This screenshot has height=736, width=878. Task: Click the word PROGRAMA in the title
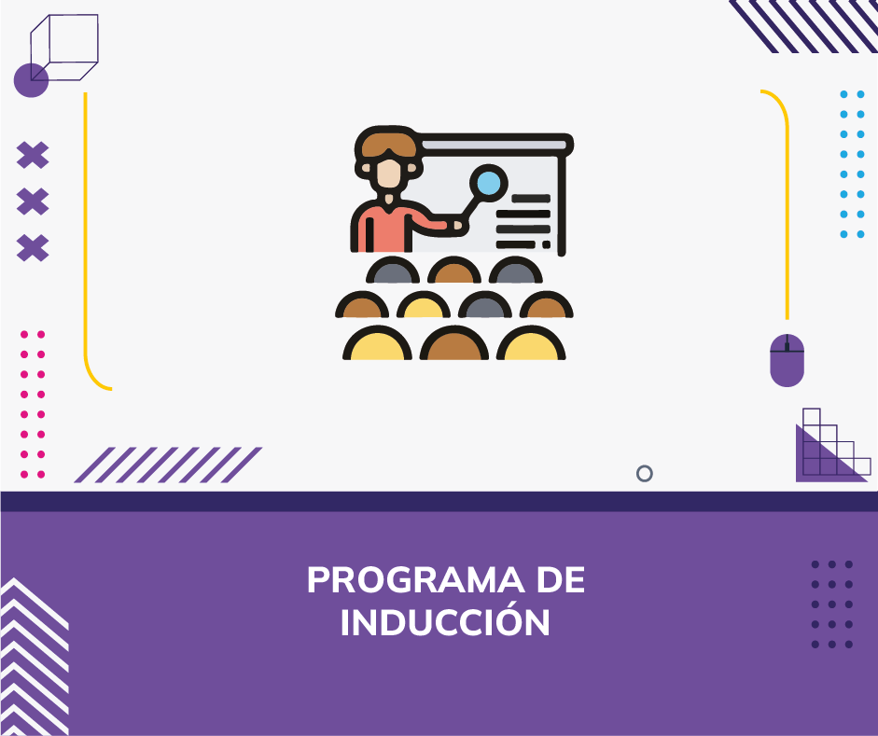click(415, 580)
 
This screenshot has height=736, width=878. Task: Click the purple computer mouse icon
click(787, 360)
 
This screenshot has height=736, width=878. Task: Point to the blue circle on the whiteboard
click(488, 183)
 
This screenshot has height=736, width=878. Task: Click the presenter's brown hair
click(388, 145)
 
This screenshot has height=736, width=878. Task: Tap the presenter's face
click(388, 174)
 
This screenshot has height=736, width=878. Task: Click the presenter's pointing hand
click(458, 225)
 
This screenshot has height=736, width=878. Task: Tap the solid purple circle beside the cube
click(31, 80)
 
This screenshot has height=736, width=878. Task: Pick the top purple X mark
click(33, 155)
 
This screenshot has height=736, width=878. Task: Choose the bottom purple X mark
click(33, 248)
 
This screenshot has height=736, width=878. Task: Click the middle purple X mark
click(33, 201)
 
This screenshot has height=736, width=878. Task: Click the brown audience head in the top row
click(454, 272)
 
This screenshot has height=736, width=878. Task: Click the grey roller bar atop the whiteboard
click(494, 145)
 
